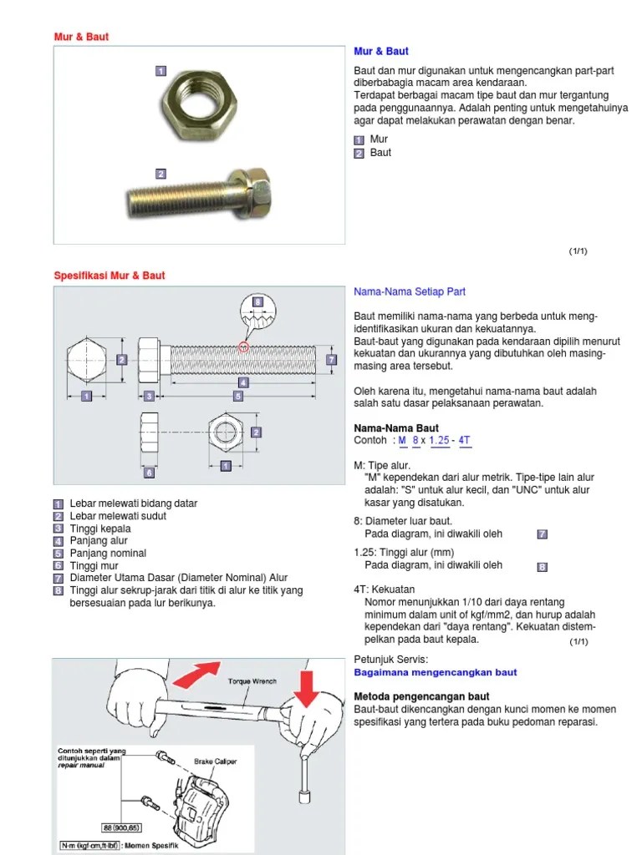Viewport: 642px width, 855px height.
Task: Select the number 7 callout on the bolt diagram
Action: pyautogui.click(x=331, y=360)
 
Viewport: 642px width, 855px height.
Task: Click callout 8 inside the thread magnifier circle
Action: pyautogui.click(x=257, y=301)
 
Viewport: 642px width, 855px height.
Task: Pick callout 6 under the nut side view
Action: pyautogui.click(x=150, y=472)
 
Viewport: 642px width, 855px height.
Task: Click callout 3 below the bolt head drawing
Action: pyautogui.click(x=148, y=396)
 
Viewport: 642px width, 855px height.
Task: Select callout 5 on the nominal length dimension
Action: pyautogui.click(x=237, y=397)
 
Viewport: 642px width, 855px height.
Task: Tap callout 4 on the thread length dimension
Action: pyautogui.click(x=243, y=382)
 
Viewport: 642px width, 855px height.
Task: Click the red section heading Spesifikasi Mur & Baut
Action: pyautogui.click(x=110, y=276)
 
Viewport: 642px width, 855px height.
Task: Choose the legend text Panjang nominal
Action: pyautogui.click(x=108, y=553)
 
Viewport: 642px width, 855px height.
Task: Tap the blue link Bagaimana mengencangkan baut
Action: pyautogui.click(x=436, y=672)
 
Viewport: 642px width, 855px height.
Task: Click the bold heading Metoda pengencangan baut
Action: pyautogui.click(x=421, y=696)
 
